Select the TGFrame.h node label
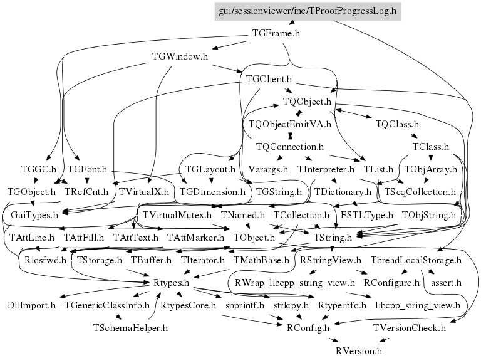(x=276, y=33)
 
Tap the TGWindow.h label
(x=180, y=56)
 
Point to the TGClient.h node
(x=270, y=79)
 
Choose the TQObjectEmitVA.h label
(x=289, y=124)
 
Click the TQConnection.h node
(x=289, y=147)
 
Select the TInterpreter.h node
(x=326, y=169)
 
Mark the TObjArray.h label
(x=431, y=169)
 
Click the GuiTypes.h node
(x=35, y=215)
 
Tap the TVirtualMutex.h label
(x=177, y=215)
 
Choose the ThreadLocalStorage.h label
(x=416, y=260)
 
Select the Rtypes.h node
(x=171, y=283)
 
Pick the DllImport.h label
(x=31, y=305)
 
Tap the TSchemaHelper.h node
(x=130, y=327)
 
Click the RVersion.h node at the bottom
(x=359, y=350)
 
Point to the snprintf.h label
(x=242, y=305)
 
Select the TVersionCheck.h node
(x=409, y=327)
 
